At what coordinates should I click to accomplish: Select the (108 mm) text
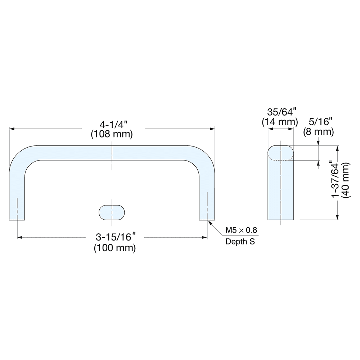(x=112, y=135)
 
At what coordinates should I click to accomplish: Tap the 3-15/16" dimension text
(x=115, y=237)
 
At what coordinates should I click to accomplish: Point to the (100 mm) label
(x=114, y=248)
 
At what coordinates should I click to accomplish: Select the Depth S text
(x=240, y=242)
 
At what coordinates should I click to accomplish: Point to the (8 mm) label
(x=318, y=132)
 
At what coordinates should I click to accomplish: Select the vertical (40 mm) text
(x=346, y=180)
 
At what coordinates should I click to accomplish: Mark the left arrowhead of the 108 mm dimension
(x=11, y=129)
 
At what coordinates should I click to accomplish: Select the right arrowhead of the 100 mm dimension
(x=205, y=238)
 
